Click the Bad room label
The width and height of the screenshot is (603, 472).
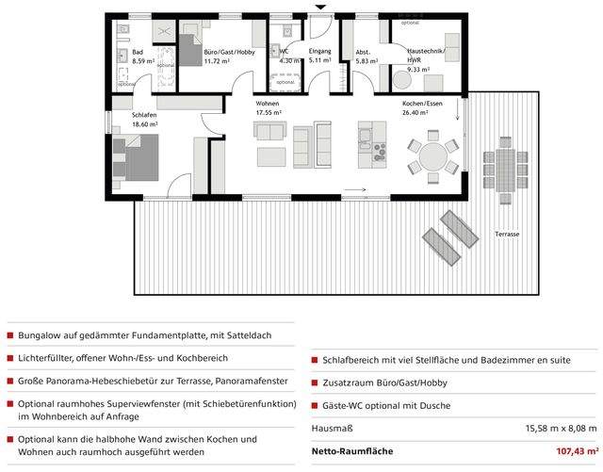138,51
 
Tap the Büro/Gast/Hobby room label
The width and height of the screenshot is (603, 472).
230,51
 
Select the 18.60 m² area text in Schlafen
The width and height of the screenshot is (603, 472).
119,123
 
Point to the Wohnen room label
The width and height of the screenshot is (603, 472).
268,104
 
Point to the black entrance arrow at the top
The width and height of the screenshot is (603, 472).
320,8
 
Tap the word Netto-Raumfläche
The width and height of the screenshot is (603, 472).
352,452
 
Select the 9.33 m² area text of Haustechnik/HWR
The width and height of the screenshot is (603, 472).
419,69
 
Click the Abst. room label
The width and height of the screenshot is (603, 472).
363,51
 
